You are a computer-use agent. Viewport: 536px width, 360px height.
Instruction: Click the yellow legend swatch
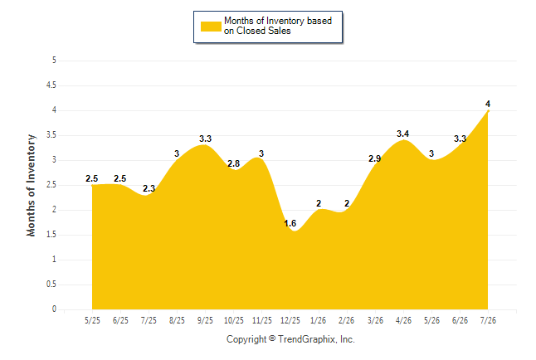pyautogui.click(x=211, y=27)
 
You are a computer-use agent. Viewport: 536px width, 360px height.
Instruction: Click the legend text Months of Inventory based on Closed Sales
pyautogui.click(x=278, y=26)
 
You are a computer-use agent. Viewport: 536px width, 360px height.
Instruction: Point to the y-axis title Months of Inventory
pyautogui.click(x=31, y=185)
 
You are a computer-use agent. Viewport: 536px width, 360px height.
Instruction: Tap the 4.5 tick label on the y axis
pyautogui.click(x=51, y=85)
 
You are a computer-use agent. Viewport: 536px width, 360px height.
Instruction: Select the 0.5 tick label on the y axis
pyautogui.click(x=51, y=285)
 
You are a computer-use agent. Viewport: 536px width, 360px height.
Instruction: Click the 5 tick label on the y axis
pyautogui.click(x=54, y=61)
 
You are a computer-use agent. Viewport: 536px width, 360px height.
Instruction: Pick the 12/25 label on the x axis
pyautogui.click(x=290, y=320)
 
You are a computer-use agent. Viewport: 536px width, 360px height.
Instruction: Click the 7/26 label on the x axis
pyautogui.click(x=488, y=320)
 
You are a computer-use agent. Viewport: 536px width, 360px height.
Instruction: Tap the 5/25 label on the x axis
pyautogui.click(x=92, y=320)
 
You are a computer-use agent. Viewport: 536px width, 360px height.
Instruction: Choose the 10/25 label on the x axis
pyautogui.click(x=233, y=320)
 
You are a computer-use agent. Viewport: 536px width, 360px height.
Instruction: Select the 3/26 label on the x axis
pyautogui.click(x=375, y=320)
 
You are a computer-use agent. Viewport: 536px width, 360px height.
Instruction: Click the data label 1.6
pyautogui.click(x=290, y=223)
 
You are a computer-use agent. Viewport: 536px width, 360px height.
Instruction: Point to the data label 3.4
pyautogui.click(x=402, y=134)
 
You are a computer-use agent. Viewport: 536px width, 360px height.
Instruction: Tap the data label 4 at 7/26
pyautogui.click(x=488, y=104)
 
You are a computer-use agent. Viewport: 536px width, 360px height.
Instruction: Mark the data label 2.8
pyautogui.click(x=233, y=163)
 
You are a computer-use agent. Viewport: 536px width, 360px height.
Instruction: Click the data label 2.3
pyautogui.click(x=149, y=188)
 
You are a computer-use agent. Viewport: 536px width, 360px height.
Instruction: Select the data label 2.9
pyautogui.click(x=375, y=158)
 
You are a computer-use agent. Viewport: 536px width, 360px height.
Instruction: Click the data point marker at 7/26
pyautogui.click(x=488, y=111)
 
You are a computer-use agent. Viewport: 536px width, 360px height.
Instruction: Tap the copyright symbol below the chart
pyautogui.click(x=272, y=338)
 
